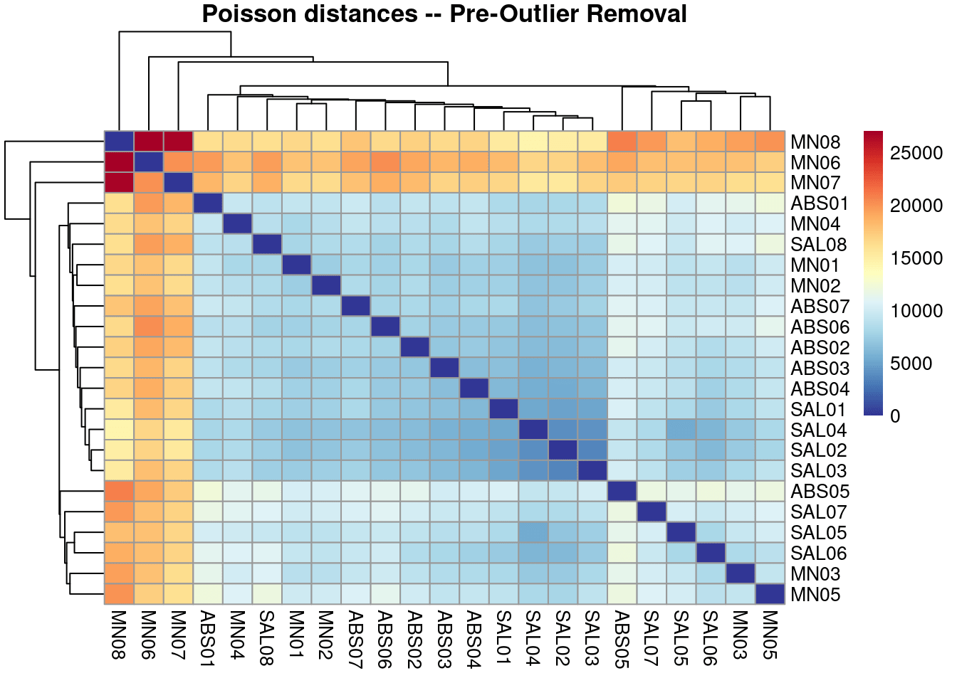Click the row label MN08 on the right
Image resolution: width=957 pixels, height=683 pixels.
pyautogui.click(x=815, y=142)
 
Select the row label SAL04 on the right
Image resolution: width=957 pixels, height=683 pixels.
pyautogui.click(x=819, y=430)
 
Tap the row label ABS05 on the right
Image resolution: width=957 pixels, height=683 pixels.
pyautogui.click(x=820, y=492)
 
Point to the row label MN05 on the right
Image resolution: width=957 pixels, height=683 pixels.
pyautogui.click(x=815, y=595)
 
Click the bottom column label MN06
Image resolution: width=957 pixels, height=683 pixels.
pyautogui.click(x=148, y=635)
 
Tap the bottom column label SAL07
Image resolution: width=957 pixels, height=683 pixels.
pyautogui.click(x=652, y=638)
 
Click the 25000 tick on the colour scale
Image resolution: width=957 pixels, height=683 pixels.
pyautogui.click(x=916, y=153)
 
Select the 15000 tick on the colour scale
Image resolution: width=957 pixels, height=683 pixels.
pyautogui.click(x=916, y=258)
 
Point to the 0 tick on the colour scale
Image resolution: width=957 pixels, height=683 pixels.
pyautogui.click(x=895, y=416)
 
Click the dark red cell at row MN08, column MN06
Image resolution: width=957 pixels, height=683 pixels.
pyautogui.click(x=149, y=142)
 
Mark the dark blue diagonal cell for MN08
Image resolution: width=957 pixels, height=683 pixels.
pyautogui.click(x=119, y=142)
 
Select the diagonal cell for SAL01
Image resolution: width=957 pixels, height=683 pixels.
pyautogui.click(x=503, y=409)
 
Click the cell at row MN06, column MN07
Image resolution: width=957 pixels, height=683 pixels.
pyautogui.click(x=178, y=162)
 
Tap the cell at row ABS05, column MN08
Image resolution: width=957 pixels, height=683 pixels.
pyautogui.click(x=119, y=492)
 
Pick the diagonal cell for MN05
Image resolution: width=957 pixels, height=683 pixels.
pyautogui.click(x=770, y=594)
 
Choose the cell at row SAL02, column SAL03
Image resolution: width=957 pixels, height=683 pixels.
pyautogui.click(x=592, y=450)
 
